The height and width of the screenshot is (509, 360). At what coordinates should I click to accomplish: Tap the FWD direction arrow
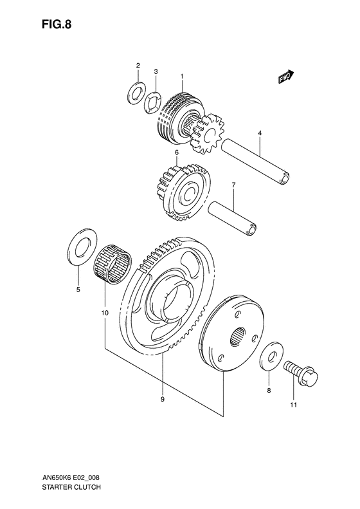tap(286, 77)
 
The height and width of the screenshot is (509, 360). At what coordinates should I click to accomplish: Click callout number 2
tap(138, 66)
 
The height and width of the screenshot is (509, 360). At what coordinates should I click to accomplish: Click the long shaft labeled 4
tap(255, 163)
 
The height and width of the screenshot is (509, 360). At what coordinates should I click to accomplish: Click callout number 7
tap(234, 185)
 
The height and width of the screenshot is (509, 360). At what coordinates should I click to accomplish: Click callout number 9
tap(163, 399)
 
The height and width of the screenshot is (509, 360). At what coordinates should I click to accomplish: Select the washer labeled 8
tap(269, 355)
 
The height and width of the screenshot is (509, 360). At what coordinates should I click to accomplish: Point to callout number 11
tap(293, 404)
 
